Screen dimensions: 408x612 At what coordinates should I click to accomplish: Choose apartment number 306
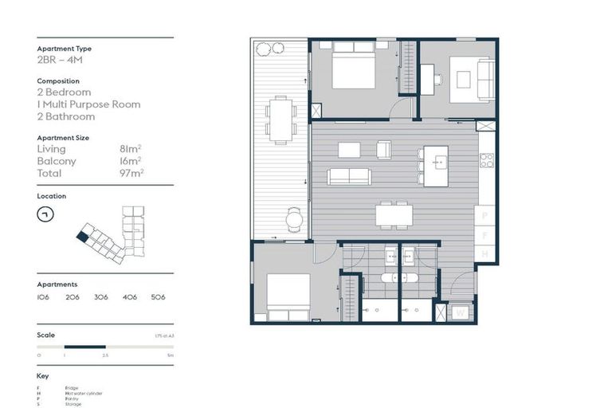coord(101,296)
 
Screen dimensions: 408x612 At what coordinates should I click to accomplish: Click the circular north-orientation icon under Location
coord(45,214)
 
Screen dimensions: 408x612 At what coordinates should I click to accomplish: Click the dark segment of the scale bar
coord(85,346)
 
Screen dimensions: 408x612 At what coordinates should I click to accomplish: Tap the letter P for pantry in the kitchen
coord(485,215)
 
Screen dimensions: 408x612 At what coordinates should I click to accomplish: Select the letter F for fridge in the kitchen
coord(485,235)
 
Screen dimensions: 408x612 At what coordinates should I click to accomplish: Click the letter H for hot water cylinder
coord(485,254)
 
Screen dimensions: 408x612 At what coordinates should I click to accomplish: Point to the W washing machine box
coord(460,312)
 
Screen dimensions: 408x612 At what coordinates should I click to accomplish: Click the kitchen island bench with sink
coord(435,166)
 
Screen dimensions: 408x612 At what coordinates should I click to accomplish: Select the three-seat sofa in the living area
coord(348,176)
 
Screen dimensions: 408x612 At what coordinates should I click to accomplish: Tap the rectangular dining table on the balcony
coord(280,119)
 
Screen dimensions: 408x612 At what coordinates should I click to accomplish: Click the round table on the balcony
coord(295,218)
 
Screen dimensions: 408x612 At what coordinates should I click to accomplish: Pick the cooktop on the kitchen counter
coord(486,159)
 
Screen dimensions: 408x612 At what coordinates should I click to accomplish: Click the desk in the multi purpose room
coord(428,78)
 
